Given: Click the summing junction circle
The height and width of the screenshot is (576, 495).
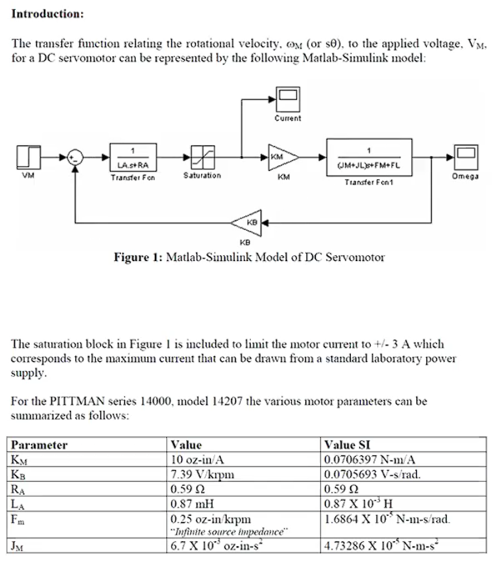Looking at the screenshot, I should point(75,157).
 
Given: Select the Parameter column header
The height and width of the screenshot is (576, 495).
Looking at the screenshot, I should point(40,445).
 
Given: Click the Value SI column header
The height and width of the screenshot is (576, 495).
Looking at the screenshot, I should point(348,445).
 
